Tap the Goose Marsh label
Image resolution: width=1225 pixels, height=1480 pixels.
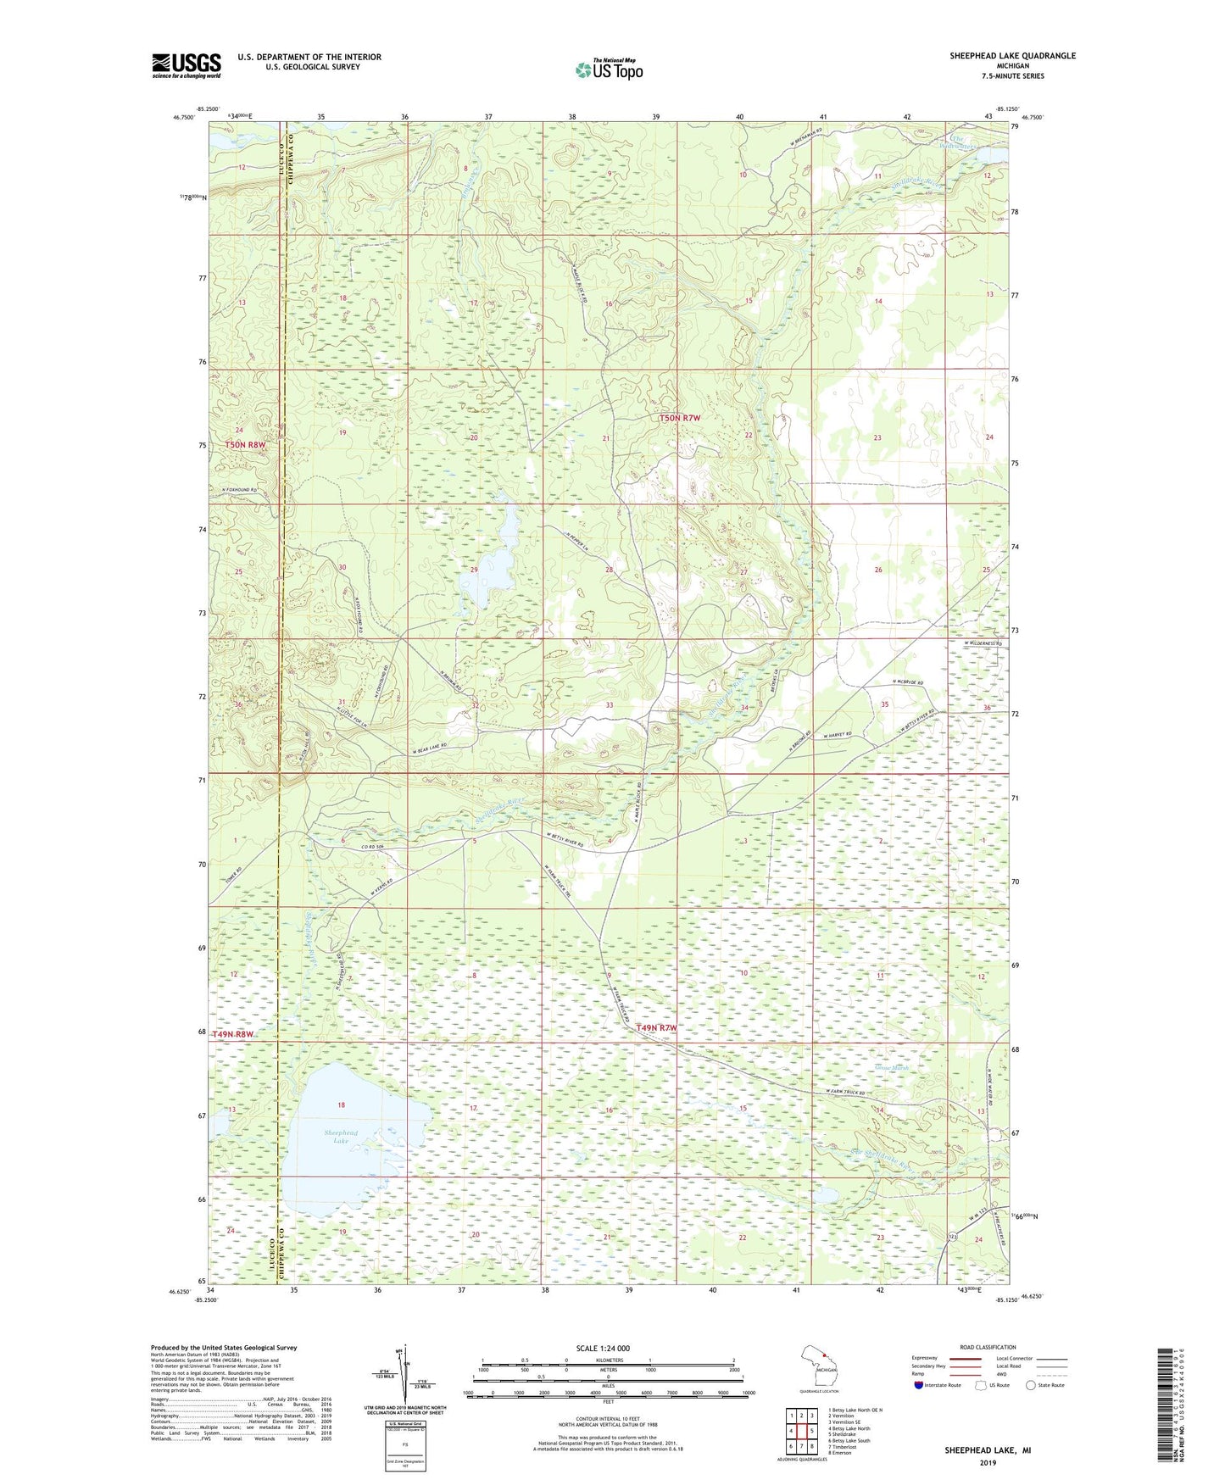pyautogui.click(x=891, y=1069)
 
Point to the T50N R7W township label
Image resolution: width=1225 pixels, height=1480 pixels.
pyautogui.click(x=681, y=418)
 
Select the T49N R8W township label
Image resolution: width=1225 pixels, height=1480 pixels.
pyautogui.click(x=233, y=1035)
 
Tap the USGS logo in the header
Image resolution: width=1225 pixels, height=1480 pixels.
pyautogui.click(x=187, y=65)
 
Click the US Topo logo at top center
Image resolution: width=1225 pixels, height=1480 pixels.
pyautogui.click(x=609, y=69)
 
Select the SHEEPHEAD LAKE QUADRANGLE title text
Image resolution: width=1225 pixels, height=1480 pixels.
pyautogui.click(x=1012, y=56)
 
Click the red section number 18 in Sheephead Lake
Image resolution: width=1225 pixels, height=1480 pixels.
pyautogui.click(x=342, y=1105)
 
